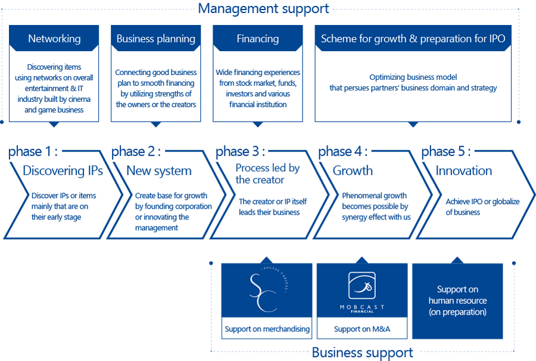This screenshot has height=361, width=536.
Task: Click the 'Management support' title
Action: [263, 8]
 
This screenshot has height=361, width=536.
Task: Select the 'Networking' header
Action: [54, 38]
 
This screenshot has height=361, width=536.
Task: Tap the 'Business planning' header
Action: [156, 38]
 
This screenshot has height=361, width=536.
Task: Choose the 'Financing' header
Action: [258, 38]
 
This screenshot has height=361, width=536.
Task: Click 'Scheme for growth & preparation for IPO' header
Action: [413, 38]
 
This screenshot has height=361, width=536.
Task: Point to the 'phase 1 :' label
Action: [33, 151]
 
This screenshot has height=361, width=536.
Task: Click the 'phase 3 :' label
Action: [240, 151]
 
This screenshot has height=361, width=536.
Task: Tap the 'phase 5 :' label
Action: [445, 151]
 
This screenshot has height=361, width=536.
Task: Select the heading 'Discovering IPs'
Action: [63, 170]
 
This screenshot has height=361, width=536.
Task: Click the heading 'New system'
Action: [159, 171]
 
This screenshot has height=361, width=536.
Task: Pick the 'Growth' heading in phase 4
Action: [353, 170]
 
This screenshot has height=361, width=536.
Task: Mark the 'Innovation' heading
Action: [464, 170]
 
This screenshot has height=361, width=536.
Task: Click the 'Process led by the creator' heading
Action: [267, 174]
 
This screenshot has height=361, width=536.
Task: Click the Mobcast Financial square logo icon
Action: [362, 285]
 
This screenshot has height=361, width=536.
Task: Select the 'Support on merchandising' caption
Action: [267, 329]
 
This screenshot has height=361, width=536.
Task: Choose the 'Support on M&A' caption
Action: [362, 329]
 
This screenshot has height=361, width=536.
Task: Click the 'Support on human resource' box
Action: [457, 301]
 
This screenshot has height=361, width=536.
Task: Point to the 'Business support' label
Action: [362, 353]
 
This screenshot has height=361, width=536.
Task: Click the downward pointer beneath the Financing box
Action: [258, 124]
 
